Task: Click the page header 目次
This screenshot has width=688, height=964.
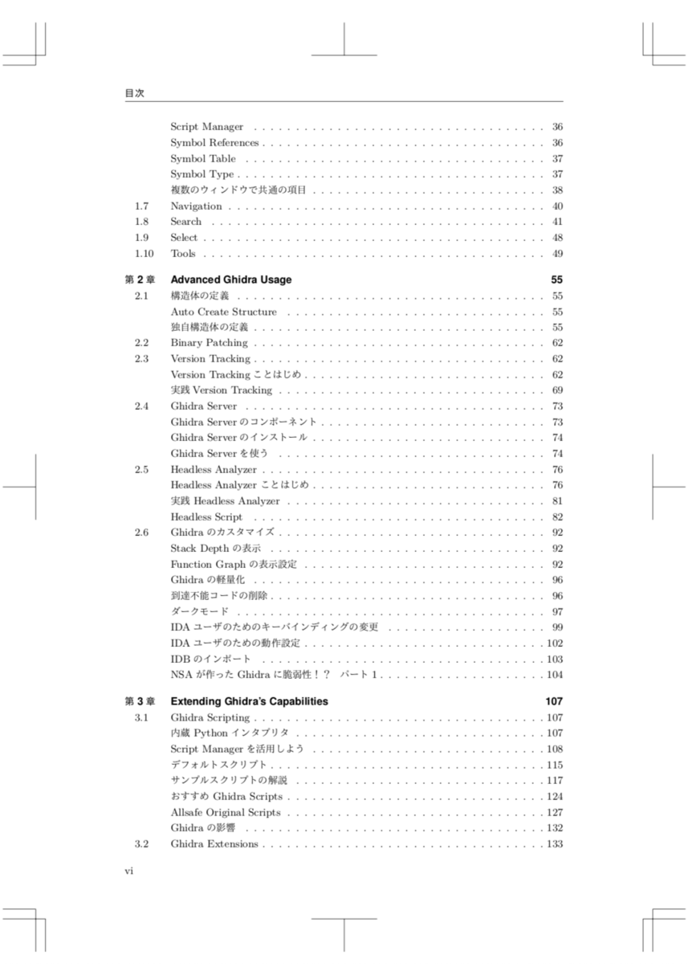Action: coord(134,93)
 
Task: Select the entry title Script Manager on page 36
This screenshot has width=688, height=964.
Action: coord(206,127)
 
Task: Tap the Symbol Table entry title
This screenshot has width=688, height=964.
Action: coord(203,158)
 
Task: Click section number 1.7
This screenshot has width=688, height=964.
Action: coord(141,206)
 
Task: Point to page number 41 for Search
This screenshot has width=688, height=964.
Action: coord(557,222)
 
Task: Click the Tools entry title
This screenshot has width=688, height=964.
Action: coord(183,254)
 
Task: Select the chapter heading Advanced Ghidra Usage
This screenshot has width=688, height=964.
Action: coord(231,280)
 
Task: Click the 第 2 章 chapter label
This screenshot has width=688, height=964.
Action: coord(139,280)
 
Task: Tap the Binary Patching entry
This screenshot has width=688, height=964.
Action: coord(209,343)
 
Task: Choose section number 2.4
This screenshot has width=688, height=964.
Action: coord(141,406)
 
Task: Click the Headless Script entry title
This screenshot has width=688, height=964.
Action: coord(206,517)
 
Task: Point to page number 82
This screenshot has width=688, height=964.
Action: coord(557,517)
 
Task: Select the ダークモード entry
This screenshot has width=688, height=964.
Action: coord(199,611)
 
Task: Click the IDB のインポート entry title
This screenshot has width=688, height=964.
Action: coord(210,659)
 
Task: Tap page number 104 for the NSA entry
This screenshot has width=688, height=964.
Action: coord(555,675)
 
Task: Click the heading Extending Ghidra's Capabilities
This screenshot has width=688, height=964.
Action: coord(250,701)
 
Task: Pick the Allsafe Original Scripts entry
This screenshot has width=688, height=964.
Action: coord(226,812)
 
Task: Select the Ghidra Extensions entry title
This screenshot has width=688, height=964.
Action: coord(214,843)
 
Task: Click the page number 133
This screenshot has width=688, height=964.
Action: coord(555,843)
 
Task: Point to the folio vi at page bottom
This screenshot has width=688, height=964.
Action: coord(128,872)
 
